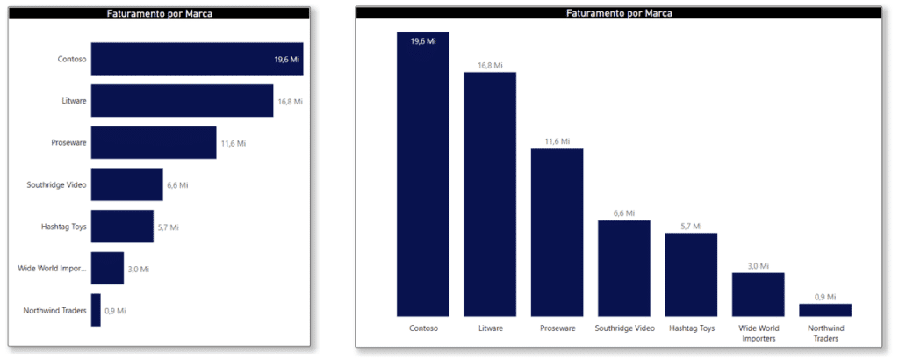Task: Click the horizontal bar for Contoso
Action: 197,59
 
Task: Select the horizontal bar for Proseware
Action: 154,142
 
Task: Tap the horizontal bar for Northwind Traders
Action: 96,310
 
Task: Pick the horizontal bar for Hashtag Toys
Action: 122,227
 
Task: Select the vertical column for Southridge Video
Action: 624,268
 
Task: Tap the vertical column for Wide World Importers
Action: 759,294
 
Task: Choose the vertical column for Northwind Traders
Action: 825,310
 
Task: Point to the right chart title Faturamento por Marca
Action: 619,13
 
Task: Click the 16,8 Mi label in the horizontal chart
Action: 290,102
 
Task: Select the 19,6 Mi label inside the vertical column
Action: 423,41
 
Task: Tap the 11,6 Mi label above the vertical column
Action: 557,141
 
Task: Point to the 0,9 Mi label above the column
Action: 825,297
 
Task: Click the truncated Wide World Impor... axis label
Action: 52,268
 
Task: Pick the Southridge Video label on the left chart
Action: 57,184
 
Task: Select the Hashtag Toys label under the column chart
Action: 691,328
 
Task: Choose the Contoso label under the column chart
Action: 423,328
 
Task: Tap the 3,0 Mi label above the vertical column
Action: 759,265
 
